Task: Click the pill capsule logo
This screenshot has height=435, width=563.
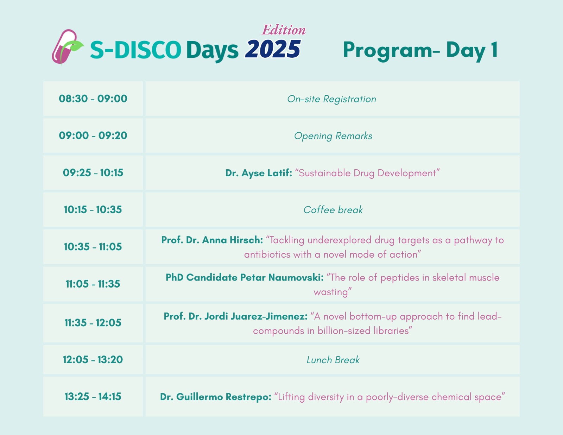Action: [x=67, y=47]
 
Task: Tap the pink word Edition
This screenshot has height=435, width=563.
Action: [x=284, y=30]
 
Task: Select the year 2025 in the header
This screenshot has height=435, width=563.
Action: [x=273, y=49]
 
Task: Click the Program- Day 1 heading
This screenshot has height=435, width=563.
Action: [x=420, y=51]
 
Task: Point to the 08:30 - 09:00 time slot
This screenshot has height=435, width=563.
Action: [x=93, y=99]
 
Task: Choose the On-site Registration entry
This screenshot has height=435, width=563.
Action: [x=331, y=99]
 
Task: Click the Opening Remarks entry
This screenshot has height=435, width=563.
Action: [x=333, y=136]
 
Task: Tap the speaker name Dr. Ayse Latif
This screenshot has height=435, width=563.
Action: [x=259, y=173]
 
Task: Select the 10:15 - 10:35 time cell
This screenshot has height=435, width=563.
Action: [x=93, y=210]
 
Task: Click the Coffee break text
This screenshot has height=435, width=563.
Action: [x=333, y=210]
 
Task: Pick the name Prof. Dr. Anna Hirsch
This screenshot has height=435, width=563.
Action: [x=212, y=240]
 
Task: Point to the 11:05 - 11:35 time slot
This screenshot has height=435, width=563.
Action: [x=93, y=284]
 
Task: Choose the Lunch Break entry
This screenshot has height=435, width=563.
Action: [x=333, y=360]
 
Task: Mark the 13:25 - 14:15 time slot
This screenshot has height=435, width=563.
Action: [x=93, y=397]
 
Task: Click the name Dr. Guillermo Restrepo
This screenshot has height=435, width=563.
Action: [x=216, y=397]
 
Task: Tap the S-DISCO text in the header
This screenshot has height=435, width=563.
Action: [x=135, y=50]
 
